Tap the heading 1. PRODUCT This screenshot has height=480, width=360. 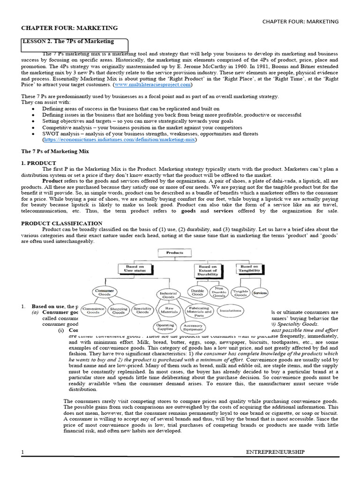pyautogui.click(x=39, y=163)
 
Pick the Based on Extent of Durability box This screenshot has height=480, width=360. pyautogui.click(x=208, y=271)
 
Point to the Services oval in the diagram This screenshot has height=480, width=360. pyautogui.click(x=260, y=292)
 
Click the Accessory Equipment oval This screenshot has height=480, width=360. pyautogui.click(x=193, y=327)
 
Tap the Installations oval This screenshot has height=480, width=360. pyautogui.click(x=230, y=310)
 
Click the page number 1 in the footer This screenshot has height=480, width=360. pyautogui.click(x=22, y=452)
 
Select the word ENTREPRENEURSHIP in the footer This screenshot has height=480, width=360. pyautogui.click(x=275, y=452)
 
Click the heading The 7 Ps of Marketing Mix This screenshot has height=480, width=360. pyautogui.click(x=55, y=151)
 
